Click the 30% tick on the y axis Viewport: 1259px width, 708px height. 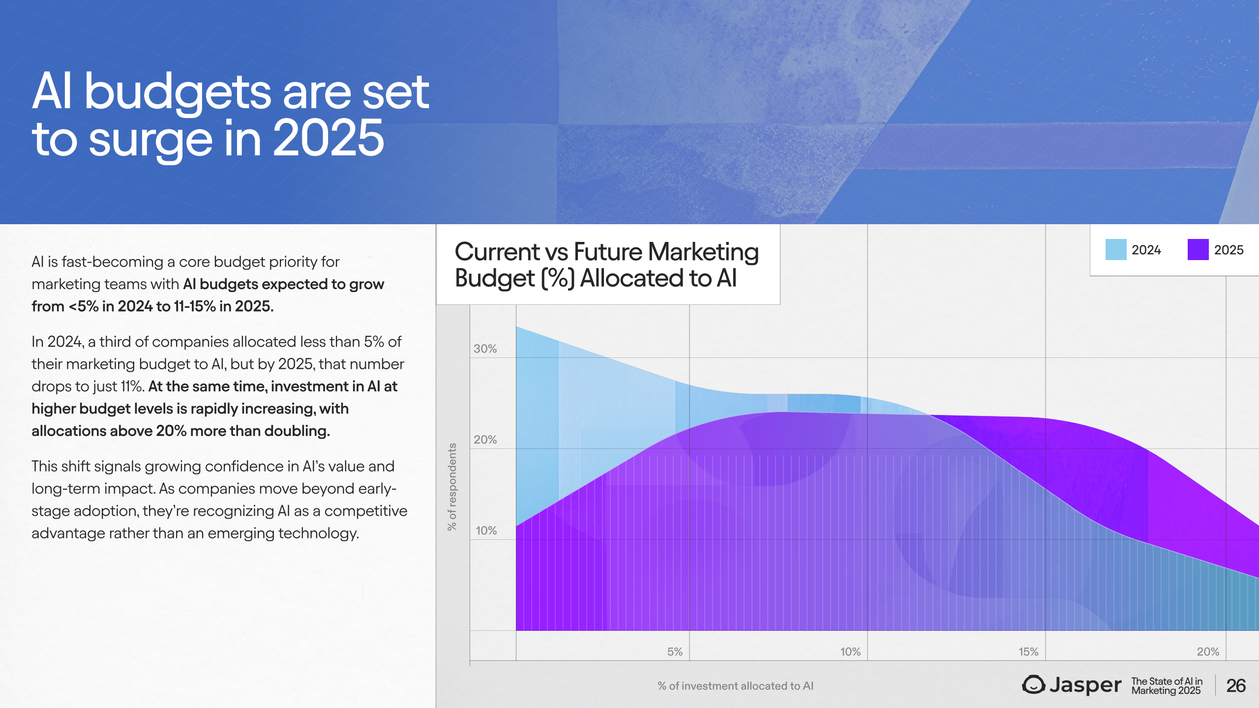click(485, 349)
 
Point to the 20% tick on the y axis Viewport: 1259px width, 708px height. click(485, 440)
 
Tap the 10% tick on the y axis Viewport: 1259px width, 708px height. click(486, 531)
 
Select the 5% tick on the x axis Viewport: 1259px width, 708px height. click(675, 651)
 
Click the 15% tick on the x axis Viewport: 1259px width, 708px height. click(1028, 651)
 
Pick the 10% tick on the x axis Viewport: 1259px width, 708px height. click(850, 651)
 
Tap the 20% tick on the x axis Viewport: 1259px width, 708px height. click(1208, 651)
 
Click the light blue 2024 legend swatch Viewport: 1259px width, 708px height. click(1116, 250)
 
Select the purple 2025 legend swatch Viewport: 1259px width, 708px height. click(1198, 250)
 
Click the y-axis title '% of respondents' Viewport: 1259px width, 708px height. click(452, 487)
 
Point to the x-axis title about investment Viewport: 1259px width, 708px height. click(736, 686)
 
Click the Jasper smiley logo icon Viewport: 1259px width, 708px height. click(1034, 684)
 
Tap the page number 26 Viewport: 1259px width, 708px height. click(1236, 686)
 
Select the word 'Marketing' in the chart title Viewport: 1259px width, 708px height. click(703, 252)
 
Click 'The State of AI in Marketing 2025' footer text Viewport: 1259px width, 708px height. click(1167, 686)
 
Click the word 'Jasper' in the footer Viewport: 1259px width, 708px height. click(1085, 685)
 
